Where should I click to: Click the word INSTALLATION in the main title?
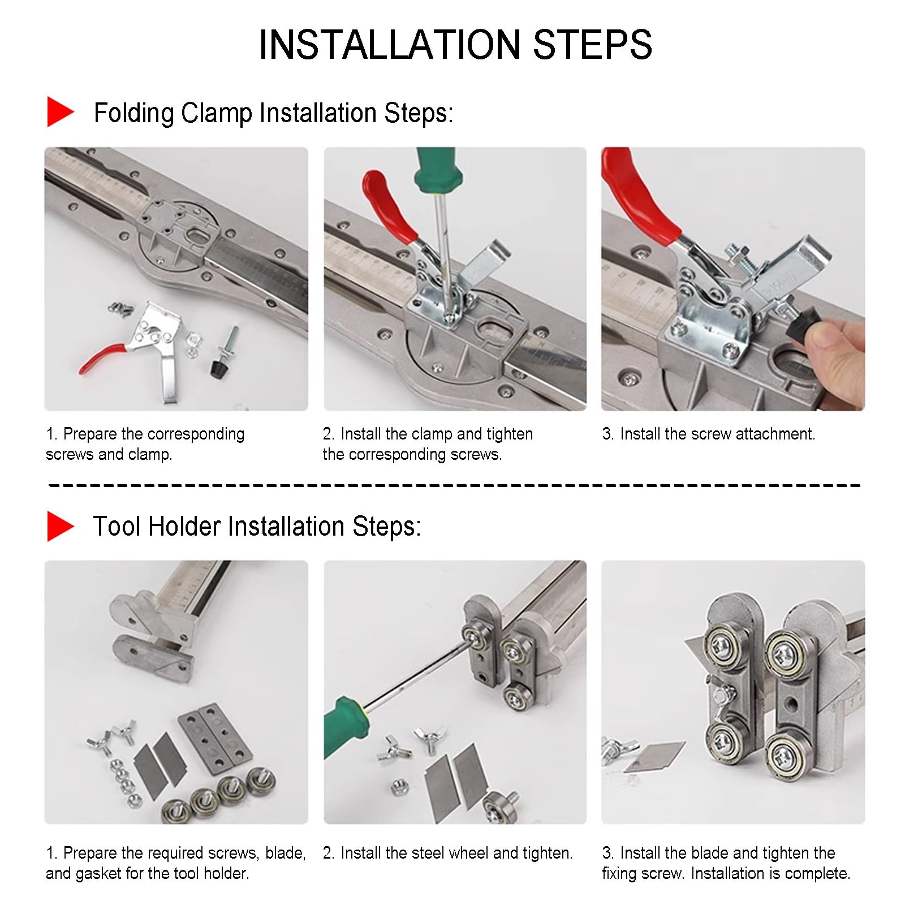coord(390,45)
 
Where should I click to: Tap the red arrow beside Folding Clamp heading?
coord(61,111)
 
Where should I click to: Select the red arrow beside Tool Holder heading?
coord(61,526)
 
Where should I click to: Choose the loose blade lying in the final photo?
coord(654,757)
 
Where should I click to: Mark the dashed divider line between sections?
coord(455,485)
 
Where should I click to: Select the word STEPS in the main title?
coord(592,45)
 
